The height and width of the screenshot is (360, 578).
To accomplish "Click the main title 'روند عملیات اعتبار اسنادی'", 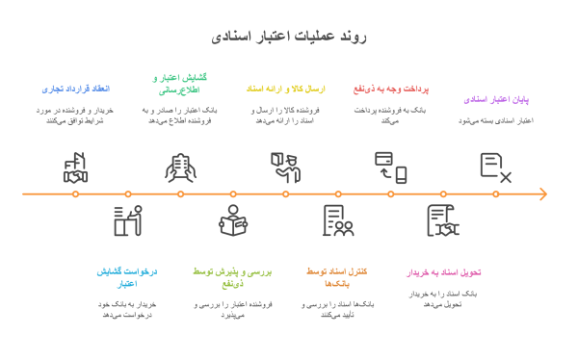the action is (288, 37).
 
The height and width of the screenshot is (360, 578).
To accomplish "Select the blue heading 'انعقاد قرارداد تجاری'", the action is (76, 89).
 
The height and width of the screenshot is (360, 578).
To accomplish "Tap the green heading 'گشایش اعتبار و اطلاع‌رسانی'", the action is (181, 83).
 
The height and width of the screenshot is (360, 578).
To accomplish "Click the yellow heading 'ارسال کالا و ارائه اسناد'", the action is (285, 89).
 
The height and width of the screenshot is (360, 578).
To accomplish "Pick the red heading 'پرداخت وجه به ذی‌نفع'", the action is (390, 89).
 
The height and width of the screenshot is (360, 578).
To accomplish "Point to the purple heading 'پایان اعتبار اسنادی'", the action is (496, 99).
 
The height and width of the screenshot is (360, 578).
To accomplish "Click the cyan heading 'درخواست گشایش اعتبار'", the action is (127, 277).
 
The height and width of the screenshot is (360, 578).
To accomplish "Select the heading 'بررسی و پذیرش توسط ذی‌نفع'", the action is (232, 277).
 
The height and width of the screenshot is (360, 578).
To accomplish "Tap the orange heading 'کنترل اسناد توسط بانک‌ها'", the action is (337, 277).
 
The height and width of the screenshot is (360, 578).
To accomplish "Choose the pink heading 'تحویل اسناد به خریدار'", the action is (443, 272).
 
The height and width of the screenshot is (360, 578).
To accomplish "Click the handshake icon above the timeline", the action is (75, 167).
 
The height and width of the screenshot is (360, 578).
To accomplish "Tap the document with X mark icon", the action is (496, 167).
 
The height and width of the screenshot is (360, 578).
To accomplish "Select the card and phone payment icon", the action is (390, 167).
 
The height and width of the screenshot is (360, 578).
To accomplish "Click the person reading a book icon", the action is (232, 220).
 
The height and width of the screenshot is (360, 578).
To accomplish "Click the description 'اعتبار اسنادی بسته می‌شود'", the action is (496, 121).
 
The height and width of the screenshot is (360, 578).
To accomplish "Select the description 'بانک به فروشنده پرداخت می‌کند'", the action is (390, 116).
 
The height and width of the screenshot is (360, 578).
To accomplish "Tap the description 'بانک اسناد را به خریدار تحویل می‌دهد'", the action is (443, 298).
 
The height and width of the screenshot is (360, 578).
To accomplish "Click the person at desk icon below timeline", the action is (127, 220).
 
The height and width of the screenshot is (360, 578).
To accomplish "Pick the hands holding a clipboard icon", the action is (180, 167).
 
